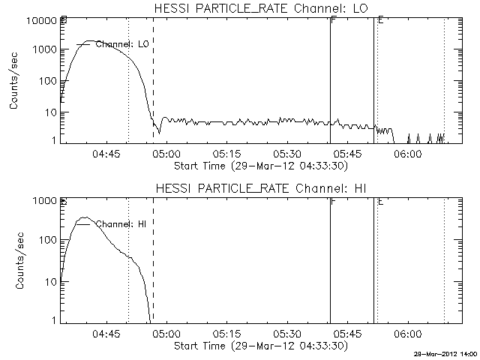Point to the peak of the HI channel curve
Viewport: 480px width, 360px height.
pyautogui.click(x=86, y=217)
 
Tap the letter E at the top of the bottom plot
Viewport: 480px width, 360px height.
pyautogui.click(x=381, y=201)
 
